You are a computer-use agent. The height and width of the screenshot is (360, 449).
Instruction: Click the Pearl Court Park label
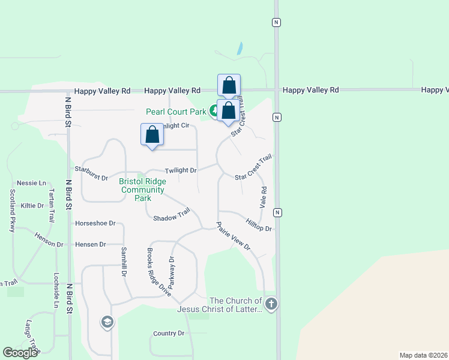coord(176,112)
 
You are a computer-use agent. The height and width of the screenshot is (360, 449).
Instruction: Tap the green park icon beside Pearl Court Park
coord(214,110)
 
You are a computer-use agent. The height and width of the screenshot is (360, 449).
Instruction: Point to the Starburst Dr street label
coord(91,178)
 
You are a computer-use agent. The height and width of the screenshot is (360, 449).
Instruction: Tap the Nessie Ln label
coord(32,183)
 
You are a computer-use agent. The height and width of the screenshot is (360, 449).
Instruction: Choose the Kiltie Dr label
coord(32,205)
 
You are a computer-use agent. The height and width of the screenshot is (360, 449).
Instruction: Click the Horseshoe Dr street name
coord(95,223)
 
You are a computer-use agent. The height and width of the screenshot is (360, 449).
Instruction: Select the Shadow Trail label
coord(172,215)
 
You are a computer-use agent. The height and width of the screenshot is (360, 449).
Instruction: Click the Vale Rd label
coord(263,197)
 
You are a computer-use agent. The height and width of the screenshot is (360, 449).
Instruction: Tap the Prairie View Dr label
coord(233,236)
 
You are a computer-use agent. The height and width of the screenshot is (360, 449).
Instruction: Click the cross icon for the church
coord(271,304)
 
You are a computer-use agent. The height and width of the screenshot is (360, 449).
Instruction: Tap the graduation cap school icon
coord(107,323)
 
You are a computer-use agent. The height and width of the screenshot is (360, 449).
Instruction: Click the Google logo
coord(20,353)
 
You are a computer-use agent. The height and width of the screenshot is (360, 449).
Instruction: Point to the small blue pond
coord(240,49)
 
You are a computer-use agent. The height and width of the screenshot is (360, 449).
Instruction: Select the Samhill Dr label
coord(124,262)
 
